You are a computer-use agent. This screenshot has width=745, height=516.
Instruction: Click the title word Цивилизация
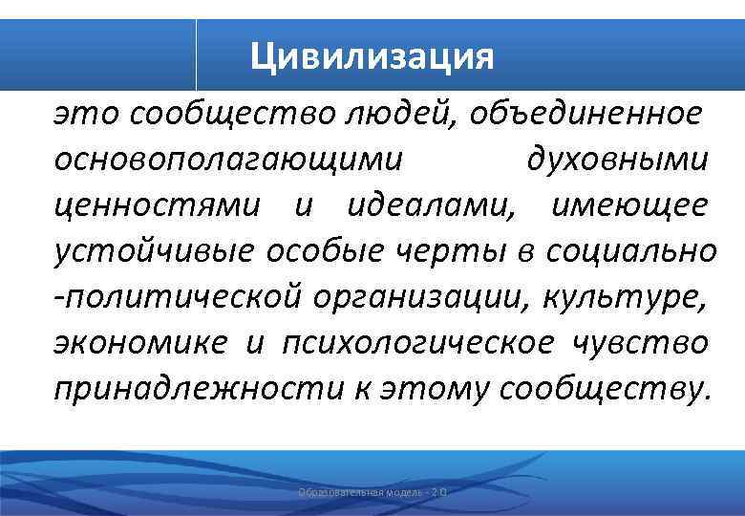[x=372, y=55]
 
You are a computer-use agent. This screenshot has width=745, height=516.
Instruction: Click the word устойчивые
[x=154, y=251]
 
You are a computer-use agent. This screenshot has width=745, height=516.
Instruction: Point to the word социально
[x=630, y=251]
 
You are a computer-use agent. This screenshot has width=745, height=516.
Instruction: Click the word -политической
[x=178, y=297]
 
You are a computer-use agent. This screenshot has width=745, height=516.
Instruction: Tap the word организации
[x=419, y=297]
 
